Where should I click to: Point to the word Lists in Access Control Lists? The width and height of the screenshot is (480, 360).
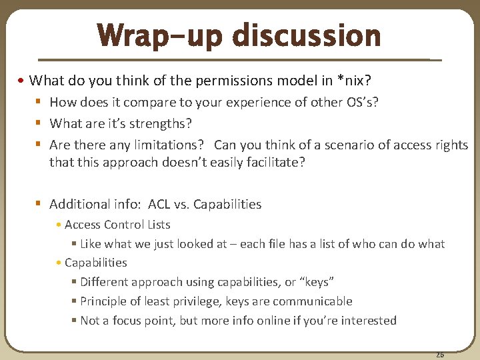coord(156,225)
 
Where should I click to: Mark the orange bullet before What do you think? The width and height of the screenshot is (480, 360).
coord(23,81)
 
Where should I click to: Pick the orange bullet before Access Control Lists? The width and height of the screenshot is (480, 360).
coord(59,225)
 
